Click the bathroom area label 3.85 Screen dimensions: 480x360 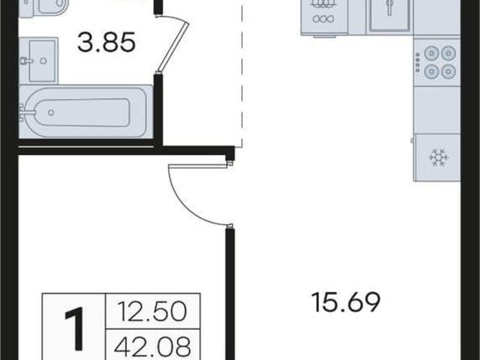point(106,42)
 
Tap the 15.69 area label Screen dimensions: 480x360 point(346,302)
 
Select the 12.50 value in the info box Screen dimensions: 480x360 point(152,311)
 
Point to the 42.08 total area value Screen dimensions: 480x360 point(152,346)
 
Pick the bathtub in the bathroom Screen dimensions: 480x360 point(85,112)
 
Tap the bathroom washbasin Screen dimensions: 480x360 point(39,60)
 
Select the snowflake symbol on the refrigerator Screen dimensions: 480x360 point(439,157)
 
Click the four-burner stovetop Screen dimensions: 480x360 point(436,62)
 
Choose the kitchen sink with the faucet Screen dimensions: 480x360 point(389,15)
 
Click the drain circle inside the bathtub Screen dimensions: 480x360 point(51,112)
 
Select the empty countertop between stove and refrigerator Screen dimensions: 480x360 point(436,109)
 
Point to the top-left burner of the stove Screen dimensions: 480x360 point(431,53)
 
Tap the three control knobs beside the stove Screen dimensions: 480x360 point(417,62)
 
